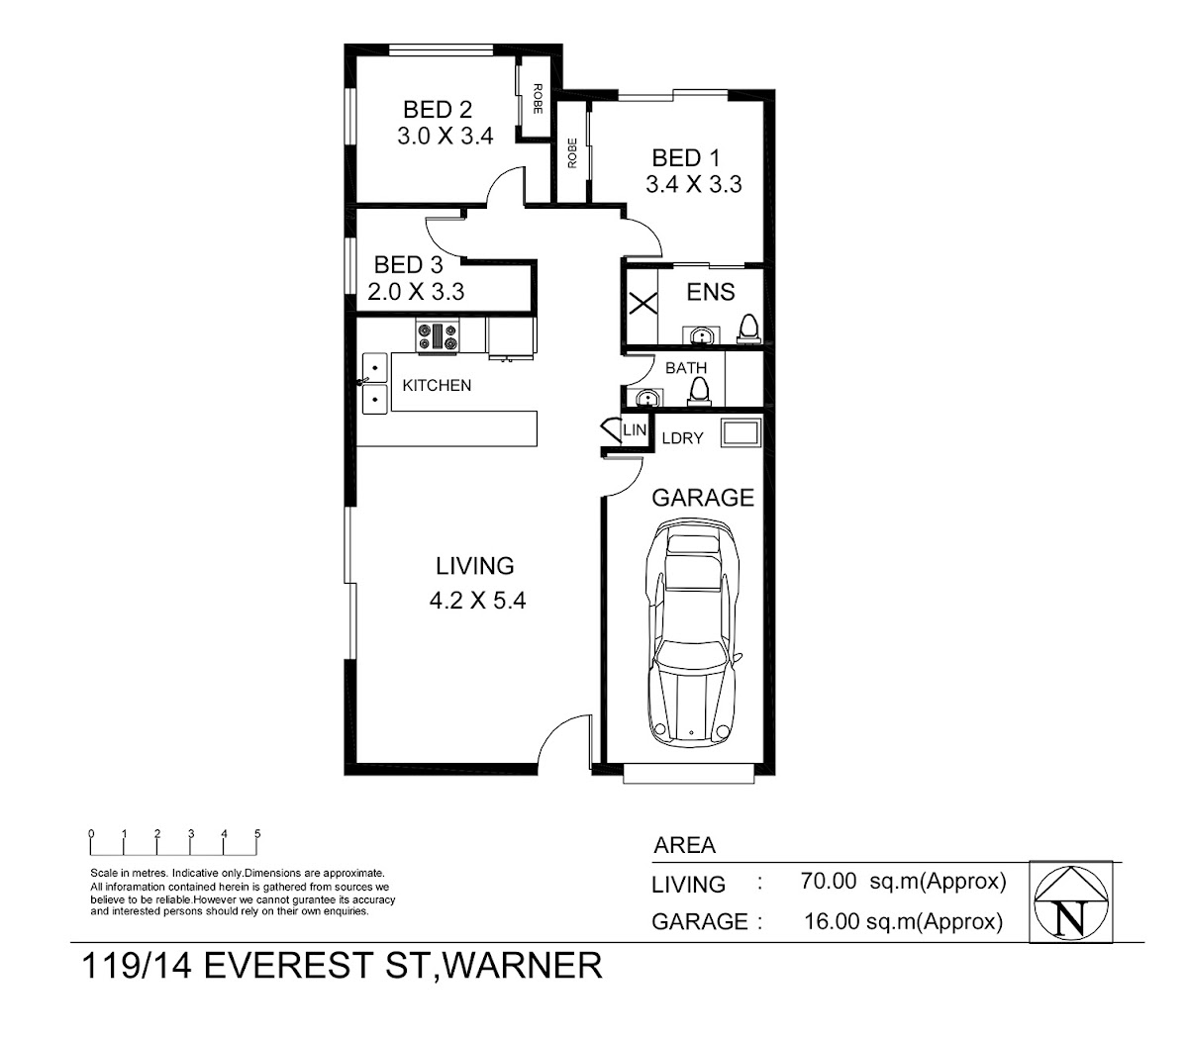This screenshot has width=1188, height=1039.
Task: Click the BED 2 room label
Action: click(x=438, y=110)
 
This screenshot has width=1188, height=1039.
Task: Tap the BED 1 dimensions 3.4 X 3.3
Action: click(x=693, y=185)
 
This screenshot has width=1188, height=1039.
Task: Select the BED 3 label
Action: click(x=408, y=264)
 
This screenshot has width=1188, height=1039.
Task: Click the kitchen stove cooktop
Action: click(x=438, y=335)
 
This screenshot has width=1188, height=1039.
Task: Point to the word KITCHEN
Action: click(x=437, y=385)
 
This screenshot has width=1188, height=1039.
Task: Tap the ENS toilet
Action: click(x=748, y=330)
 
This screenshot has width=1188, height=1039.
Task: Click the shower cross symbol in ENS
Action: click(x=643, y=304)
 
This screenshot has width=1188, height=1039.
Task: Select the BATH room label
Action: click(x=686, y=368)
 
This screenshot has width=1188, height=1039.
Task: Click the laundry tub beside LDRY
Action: click(x=741, y=433)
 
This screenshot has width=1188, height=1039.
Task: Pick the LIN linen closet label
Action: click(x=635, y=429)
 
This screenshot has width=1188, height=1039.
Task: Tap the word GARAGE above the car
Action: click(x=703, y=498)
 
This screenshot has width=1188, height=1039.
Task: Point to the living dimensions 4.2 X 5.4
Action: click(x=477, y=601)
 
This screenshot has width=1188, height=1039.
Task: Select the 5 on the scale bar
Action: click(x=257, y=833)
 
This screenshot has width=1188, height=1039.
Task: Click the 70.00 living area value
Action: click(x=828, y=881)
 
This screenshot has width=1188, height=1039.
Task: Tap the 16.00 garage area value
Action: click(x=831, y=921)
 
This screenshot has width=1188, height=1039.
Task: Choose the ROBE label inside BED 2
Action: click(x=538, y=99)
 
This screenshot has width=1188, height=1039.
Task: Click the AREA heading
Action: click(x=684, y=845)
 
